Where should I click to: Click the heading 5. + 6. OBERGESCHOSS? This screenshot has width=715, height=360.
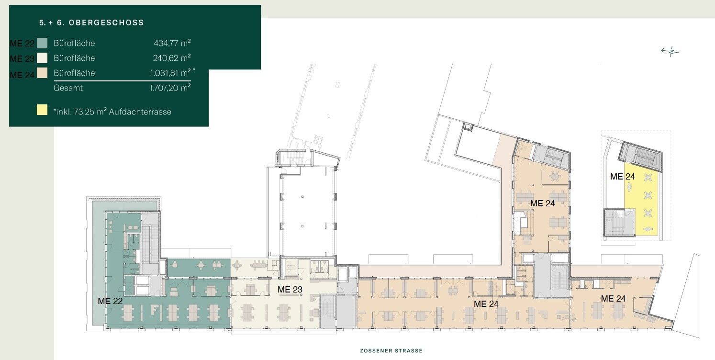(x=91, y=22)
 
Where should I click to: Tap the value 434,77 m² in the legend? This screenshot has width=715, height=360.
(x=172, y=43)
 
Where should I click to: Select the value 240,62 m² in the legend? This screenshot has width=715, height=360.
(x=172, y=58)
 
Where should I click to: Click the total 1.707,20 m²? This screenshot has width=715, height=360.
(x=170, y=88)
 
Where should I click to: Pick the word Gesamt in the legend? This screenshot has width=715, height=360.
(x=68, y=88)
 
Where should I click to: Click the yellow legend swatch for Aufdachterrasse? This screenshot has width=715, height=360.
(x=42, y=110)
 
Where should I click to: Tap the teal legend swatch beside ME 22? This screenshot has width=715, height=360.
(x=42, y=43)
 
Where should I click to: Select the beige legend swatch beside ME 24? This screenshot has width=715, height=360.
(x=42, y=73)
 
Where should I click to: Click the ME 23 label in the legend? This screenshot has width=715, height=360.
(x=22, y=59)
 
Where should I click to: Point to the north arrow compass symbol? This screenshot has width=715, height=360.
(x=670, y=51)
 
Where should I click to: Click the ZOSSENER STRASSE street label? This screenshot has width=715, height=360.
(x=391, y=351)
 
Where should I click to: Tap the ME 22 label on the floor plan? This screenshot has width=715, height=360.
(x=110, y=301)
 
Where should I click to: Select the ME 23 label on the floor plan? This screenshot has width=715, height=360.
(x=290, y=290)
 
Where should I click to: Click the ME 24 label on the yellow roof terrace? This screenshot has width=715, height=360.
(x=623, y=177)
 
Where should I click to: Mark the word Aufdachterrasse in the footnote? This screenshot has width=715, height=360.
(x=140, y=112)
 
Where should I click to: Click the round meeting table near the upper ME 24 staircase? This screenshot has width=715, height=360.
(x=556, y=176)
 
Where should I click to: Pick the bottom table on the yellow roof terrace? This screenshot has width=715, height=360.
(x=648, y=229)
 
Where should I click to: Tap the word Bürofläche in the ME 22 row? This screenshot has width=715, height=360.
(x=74, y=43)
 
